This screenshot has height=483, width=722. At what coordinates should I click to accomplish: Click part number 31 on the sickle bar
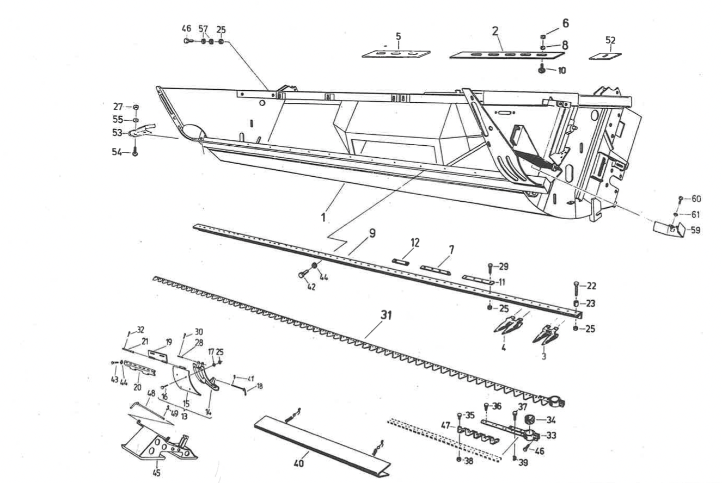click(x=387, y=315)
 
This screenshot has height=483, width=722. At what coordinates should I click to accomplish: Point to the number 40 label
click(x=299, y=465)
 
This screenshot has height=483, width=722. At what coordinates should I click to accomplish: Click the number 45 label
click(x=157, y=473)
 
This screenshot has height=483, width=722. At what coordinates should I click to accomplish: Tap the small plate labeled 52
click(x=605, y=55)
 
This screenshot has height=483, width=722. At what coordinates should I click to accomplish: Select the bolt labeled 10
click(x=543, y=71)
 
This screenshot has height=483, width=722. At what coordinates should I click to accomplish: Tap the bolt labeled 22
click(x=577, y=286)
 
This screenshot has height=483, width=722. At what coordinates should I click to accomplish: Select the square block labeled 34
click(x=530, y=420)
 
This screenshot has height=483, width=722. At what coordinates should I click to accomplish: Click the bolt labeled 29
click(x=491, y=267)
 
